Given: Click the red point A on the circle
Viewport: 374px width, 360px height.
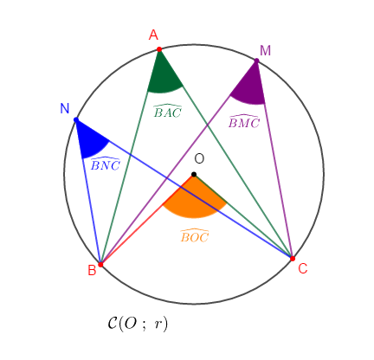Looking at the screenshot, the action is click(x=159, y=49).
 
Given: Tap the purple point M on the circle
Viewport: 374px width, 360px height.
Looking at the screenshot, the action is click(x=256, y=61).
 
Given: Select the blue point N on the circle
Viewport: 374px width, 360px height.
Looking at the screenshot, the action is click(x=76, y=119).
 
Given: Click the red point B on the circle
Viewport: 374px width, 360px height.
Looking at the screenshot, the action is click(x=100, y=264).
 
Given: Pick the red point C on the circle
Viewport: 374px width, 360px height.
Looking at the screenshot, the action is click(x=293, y=259).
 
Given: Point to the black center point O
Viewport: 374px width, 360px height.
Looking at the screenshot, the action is click(x=194, y=174).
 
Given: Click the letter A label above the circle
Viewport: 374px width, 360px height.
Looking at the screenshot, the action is click(x=153, y=35).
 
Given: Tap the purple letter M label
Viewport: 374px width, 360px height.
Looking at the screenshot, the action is click(x=265, y=50).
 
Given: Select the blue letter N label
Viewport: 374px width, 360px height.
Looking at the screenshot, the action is click(x=65, y=109).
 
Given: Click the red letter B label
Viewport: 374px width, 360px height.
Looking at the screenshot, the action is click(x=92, y=270).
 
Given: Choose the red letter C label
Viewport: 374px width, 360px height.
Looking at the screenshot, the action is click(x=303, y=268).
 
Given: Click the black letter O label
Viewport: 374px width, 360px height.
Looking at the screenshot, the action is click(x=199, y=159).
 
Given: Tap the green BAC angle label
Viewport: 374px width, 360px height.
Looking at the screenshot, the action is click(x=167, y=111).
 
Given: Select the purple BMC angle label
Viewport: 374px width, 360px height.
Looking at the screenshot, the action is click(x=244, y=121).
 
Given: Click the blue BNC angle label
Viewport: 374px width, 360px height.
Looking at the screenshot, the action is click(x=106, y=164).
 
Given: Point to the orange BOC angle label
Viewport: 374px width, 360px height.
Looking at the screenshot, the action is click(x=195, y=235).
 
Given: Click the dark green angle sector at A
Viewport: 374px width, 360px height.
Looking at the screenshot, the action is click(x=164, y=78).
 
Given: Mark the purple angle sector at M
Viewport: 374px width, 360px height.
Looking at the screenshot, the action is click(x=251, y=87).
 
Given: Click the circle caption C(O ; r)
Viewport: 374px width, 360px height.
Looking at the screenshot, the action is click(x=138, y=324).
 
